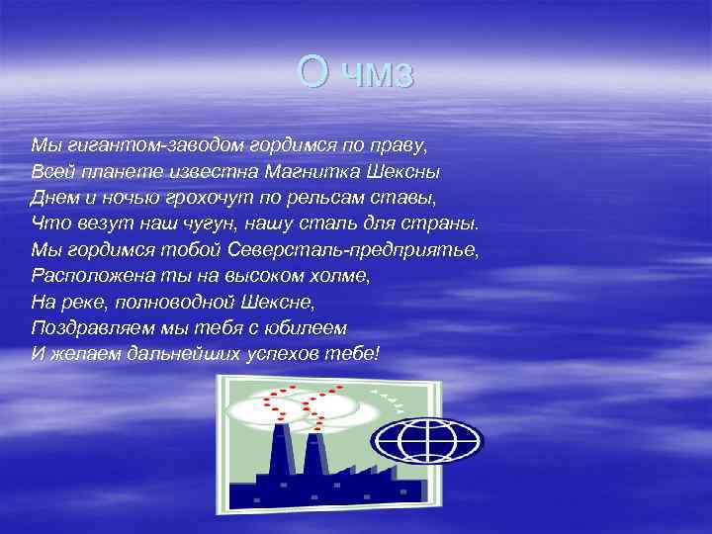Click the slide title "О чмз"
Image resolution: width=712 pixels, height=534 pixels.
tap(356, 73)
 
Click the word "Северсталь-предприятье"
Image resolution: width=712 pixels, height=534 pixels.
tap(360, 249)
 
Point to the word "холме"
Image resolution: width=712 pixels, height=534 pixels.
tap(341, 275)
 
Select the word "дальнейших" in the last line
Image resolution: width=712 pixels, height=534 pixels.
tap(189, 352)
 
